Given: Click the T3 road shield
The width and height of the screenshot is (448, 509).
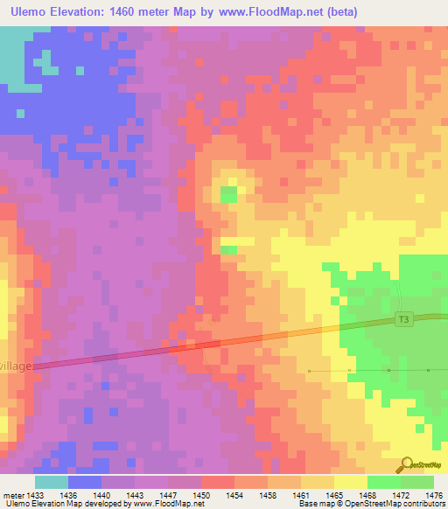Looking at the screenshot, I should [403, 319].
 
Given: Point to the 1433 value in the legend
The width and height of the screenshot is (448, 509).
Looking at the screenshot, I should [36, 495].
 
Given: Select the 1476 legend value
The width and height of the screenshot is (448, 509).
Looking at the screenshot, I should [433, 495].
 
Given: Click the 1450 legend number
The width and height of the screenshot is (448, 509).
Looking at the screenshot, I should [201, 495].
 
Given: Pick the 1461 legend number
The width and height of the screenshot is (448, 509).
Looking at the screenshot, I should [301, 495].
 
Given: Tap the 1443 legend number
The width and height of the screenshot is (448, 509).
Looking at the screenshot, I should [135, 495].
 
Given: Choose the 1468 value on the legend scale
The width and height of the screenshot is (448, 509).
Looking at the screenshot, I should [367, 495].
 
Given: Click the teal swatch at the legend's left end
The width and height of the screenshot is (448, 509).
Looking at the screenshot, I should [52, 482].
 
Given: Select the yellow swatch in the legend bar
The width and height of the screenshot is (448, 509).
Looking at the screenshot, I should [350, 482].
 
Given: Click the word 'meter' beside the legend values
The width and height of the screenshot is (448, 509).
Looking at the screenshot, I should [13, 495].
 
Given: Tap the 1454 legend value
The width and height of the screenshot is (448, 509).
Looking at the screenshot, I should [234, 495].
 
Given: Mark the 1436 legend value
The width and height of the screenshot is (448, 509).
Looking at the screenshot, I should [68, 495].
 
